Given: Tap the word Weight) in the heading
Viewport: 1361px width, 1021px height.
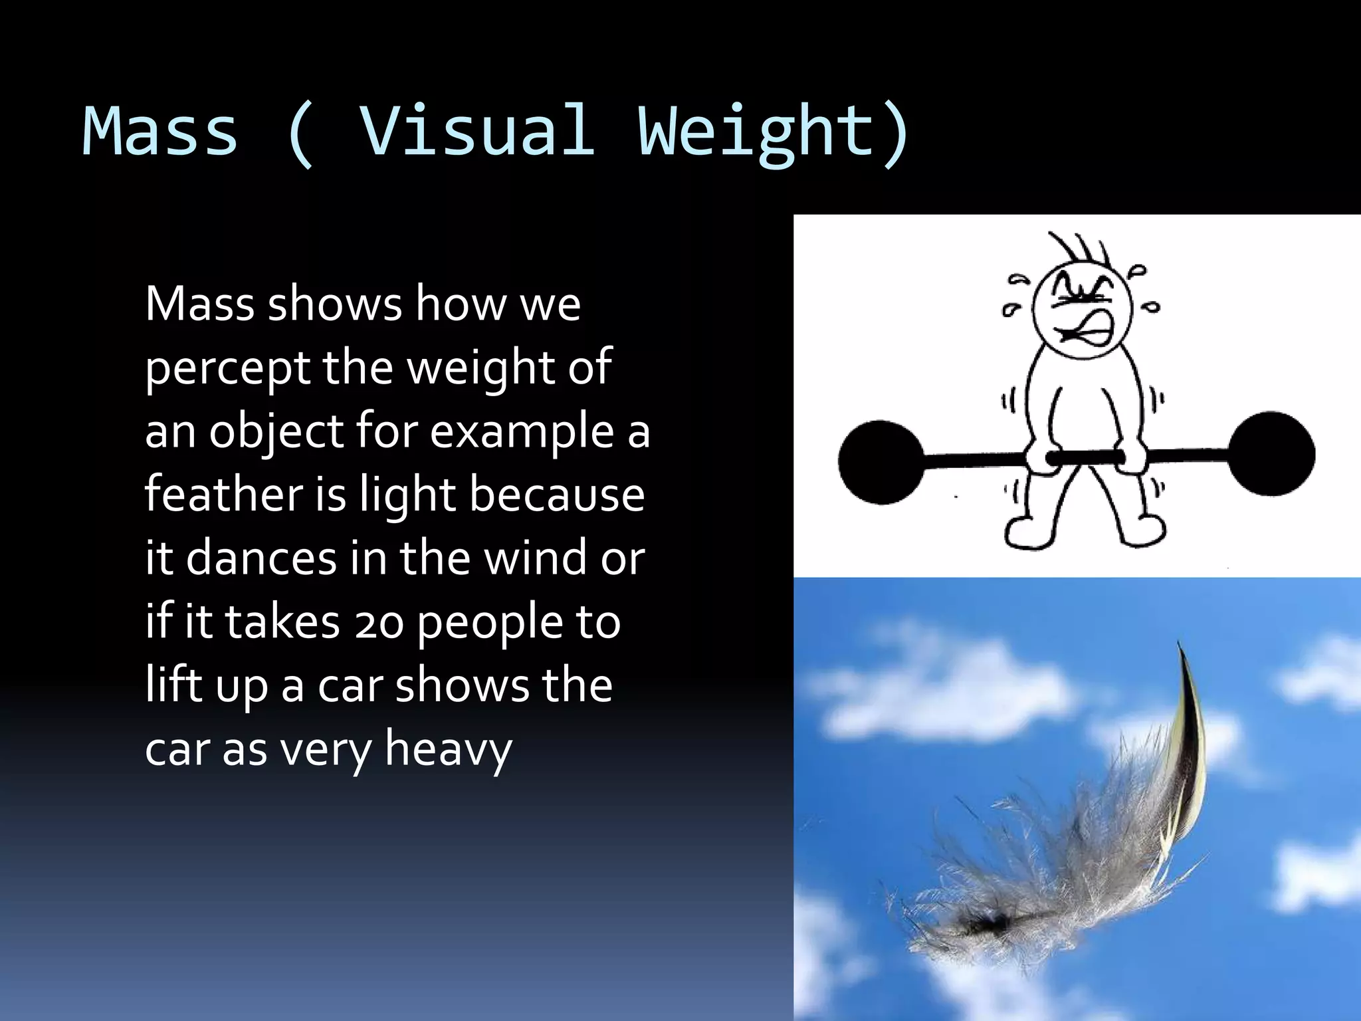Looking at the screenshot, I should pos(774,132).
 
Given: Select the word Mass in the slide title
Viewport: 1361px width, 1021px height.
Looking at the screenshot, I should pos(159,130).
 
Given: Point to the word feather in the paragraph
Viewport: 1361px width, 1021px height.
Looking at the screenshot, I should pos(223,495).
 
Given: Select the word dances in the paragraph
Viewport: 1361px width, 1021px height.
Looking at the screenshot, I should pos(261,558).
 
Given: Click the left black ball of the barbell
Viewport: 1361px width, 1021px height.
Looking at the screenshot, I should pos(881,462).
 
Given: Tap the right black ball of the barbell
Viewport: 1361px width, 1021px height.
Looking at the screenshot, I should pos(1271,453).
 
